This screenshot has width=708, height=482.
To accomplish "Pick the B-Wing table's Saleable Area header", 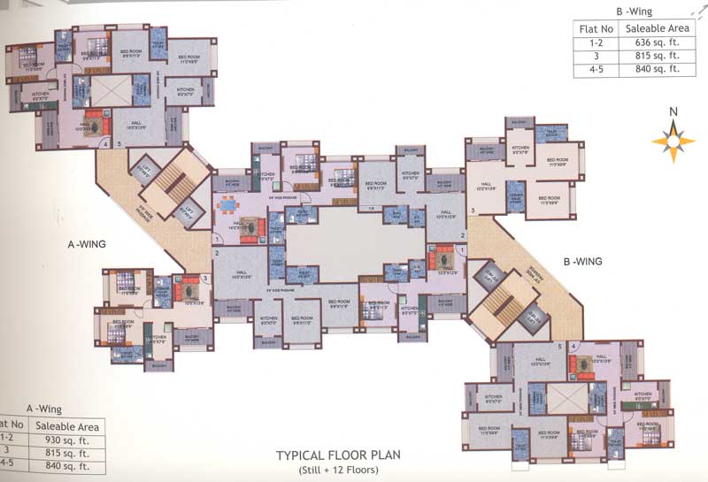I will [x=652, y=28].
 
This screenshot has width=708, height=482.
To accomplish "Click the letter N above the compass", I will [x=673, y=111].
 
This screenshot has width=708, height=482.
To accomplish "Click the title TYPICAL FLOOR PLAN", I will [x=338, y=455].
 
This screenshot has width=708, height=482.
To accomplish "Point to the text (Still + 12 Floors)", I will [x=338, y=470].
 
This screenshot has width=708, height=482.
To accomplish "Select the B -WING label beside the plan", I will [x=582, y=261].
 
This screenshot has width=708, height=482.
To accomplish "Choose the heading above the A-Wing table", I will [x=44, y=409].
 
